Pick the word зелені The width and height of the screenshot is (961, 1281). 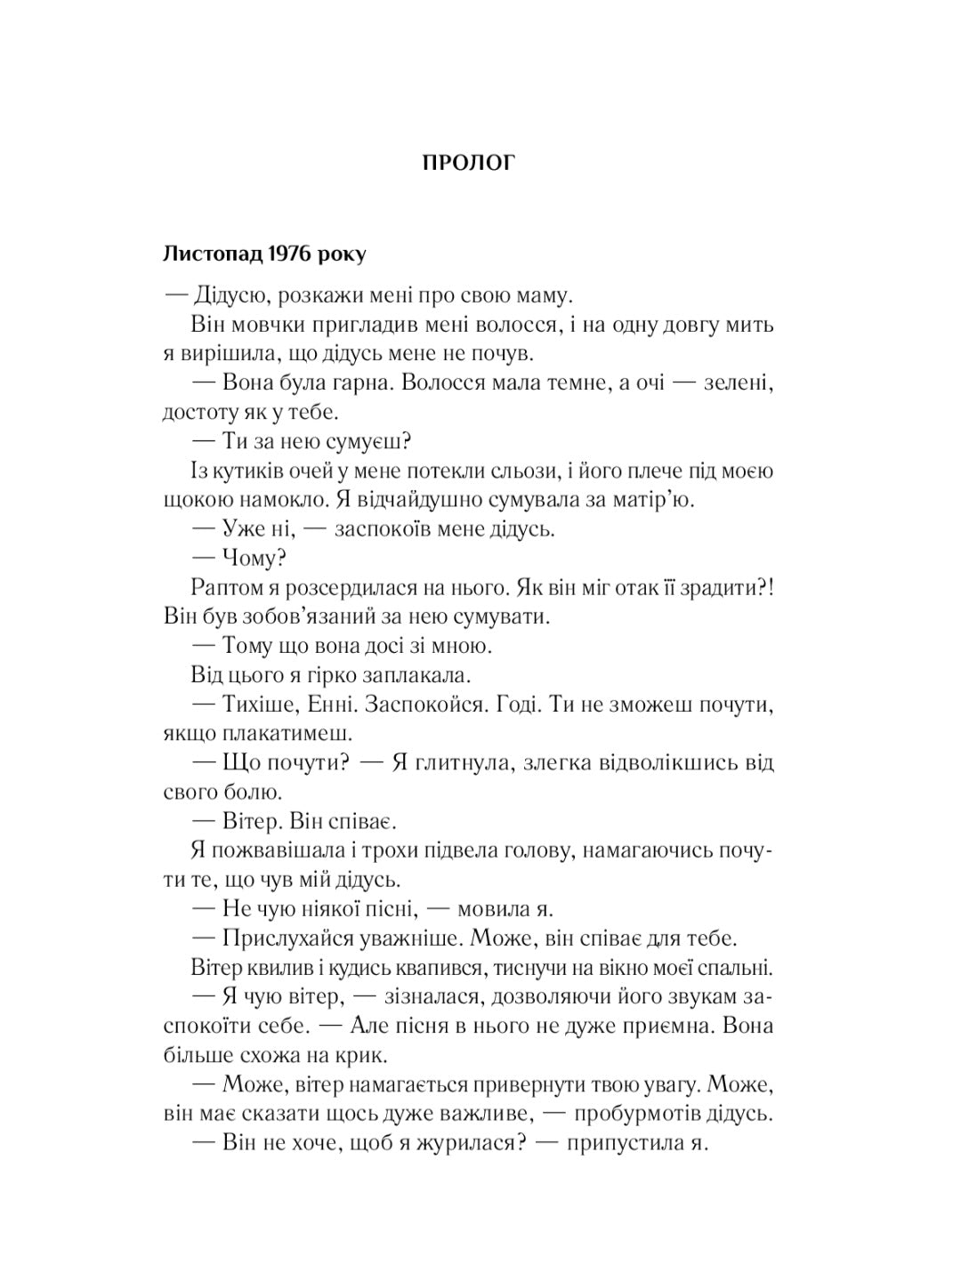coord(739,383)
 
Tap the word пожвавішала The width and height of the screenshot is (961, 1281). coord(280,850)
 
